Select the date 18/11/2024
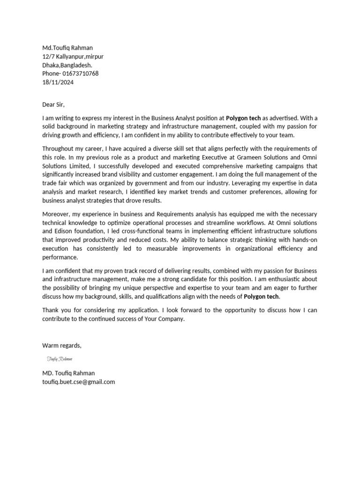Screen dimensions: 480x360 pyautogui.click(x=58, y=82)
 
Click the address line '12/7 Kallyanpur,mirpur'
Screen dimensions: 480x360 pyautogui.click(x=73, y=56)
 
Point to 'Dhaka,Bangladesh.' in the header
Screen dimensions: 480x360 pyautogui.click(x=67, y=65)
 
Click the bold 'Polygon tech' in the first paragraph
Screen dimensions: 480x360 pyautogui.click(x=243, y=118)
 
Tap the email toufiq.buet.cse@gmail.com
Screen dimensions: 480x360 pyautogui.click(x=78, y=382)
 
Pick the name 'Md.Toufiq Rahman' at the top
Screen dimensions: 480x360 pyautogui.click(x=67, y=48)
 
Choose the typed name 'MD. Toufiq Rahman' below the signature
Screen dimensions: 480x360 pyautogui.click(x=68, y=373)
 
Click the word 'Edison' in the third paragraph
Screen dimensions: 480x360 pyautogui.click(x=64, y=232)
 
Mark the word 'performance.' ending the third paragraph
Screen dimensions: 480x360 pyautogui.click(x=60, y=257)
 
